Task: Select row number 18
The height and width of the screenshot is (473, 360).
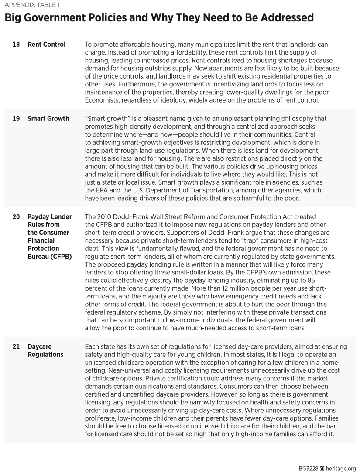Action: tap(16, 45)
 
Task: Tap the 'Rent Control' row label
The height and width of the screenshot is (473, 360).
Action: tap(46, 45)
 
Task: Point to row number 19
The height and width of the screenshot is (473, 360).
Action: tap(16, 119)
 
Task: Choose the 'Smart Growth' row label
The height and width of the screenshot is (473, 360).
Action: tap(48, 119)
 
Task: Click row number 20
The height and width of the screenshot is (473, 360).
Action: tap(16, 217)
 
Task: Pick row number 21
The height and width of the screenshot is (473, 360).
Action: tap(16, 346)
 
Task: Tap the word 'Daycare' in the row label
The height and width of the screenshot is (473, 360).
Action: tap(40, 346)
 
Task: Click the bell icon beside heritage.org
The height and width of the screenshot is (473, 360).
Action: tap(322, 468)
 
